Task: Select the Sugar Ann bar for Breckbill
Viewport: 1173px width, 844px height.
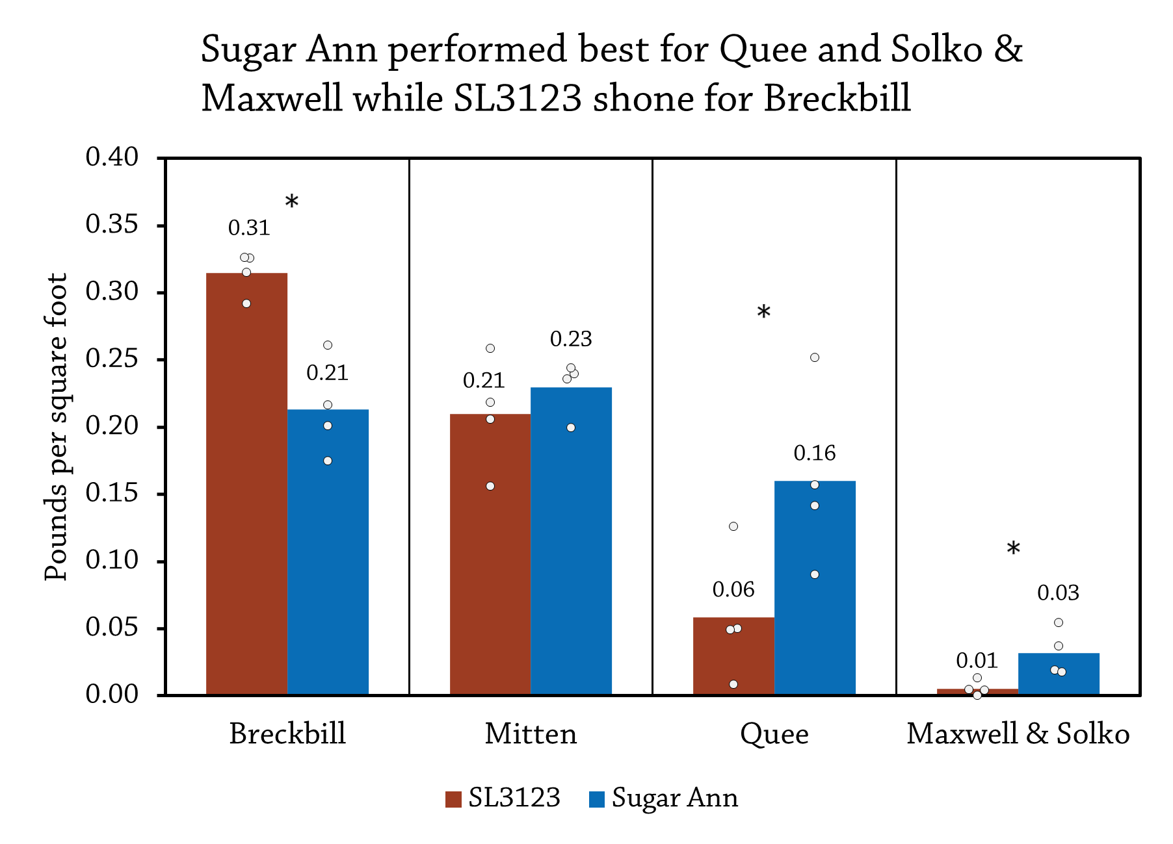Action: pos(328,552)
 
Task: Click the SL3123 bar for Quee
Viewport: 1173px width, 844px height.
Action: pos(733,656)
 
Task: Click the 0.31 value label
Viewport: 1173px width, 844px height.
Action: pos(248,228)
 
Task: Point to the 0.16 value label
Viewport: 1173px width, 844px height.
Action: pos(814,453)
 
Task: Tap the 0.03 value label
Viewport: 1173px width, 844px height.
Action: pos(1058,593)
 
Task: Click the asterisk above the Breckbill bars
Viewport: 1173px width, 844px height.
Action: pos(292,202)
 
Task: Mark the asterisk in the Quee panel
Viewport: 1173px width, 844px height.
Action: pos(764,313)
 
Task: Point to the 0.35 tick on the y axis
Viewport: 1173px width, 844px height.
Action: pos(112,224)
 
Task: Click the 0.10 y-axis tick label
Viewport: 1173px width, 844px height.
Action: pos(112,560)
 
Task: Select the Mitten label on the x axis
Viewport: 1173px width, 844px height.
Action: pos(531,734)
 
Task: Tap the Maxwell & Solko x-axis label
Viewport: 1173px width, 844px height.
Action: pos(1018,734)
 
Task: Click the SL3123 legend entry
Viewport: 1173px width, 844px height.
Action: pos(503,798)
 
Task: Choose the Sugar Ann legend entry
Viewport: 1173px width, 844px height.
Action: pos(664,798)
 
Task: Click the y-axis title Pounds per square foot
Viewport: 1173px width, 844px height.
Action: pos(56,426)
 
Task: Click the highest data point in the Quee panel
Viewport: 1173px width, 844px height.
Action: pos(815,357)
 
